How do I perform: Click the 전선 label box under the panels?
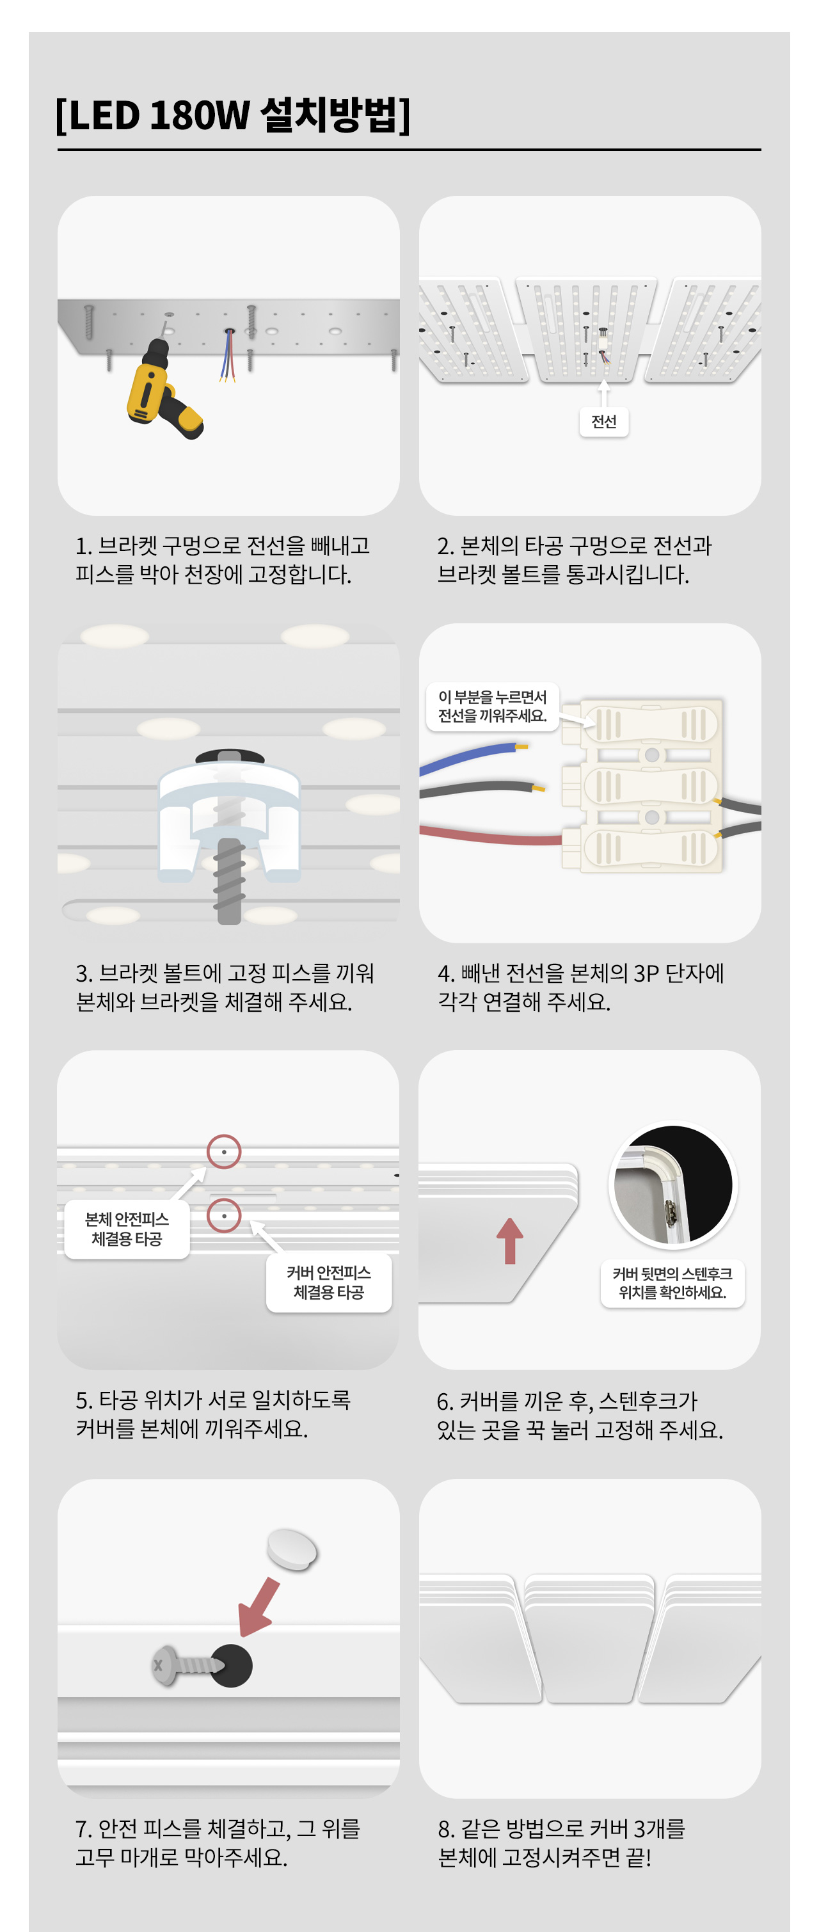point(604,422)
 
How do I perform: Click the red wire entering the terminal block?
point(491,834)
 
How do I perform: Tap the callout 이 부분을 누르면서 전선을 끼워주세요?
point(493,707)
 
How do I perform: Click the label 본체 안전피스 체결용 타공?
point(127,1229)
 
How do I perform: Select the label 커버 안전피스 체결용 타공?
point(328,1282)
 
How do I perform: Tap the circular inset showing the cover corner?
point(672,1185)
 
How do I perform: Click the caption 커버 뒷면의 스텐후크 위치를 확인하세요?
point(672,1282)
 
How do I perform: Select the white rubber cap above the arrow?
point(292,1549)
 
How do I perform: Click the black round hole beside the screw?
point(231,1666)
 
